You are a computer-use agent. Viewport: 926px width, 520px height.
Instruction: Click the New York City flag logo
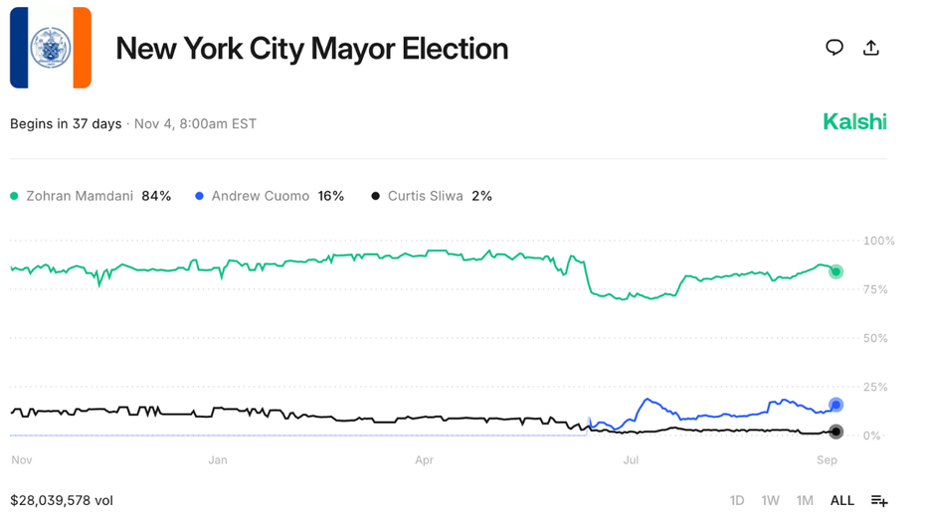click(51, 48)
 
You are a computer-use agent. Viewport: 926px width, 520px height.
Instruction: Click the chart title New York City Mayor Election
click(311, 49)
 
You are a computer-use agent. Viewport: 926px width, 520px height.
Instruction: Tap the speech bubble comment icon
click(834, 48)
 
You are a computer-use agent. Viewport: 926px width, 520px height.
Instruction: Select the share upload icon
click(871, 48)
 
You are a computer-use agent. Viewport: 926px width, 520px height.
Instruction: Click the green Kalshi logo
click(854, 122)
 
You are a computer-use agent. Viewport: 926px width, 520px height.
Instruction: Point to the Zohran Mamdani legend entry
click(91, 196)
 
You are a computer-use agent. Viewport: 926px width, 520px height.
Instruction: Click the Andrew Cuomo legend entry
click(270, 196)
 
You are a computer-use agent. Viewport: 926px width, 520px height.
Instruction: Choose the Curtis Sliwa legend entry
click(432, 196)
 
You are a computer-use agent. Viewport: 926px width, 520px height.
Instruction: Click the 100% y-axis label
click(878, 241)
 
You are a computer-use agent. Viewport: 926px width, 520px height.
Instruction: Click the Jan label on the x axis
click(218, 460)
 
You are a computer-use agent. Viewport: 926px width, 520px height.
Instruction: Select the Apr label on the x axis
click(425, 460)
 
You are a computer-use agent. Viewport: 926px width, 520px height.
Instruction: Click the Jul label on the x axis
click(631, 460)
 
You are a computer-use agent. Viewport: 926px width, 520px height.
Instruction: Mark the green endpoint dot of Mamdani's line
click(836, 271)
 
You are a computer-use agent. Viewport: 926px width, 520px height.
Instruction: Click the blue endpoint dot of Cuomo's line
click(836, 405)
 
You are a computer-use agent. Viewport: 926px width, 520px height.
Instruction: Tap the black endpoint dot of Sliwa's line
click(836, 432)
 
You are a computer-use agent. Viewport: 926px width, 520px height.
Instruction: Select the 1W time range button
click(770, 500)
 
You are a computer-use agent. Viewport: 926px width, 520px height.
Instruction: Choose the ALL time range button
click(841, 500)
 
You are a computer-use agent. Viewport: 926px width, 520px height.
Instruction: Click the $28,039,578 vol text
click(62, 500)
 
